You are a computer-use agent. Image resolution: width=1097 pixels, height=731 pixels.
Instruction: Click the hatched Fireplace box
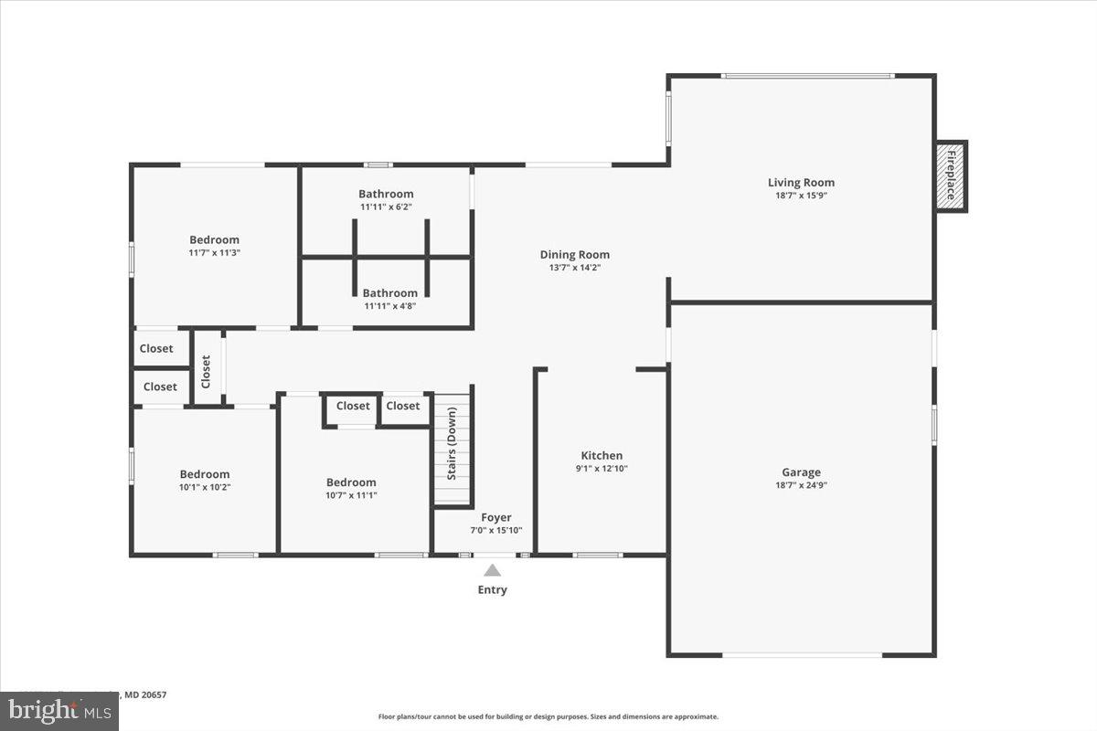[950, 176]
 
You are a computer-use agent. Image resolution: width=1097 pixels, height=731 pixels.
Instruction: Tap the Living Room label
[801, 183]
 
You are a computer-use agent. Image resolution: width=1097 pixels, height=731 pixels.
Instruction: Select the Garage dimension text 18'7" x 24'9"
[801, 485]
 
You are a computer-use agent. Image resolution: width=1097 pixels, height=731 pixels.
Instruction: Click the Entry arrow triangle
[492, 570]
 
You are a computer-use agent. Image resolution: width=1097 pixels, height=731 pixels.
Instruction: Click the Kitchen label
[602, 456]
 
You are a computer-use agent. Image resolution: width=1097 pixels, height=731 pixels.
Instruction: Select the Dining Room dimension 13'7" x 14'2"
[574, 268]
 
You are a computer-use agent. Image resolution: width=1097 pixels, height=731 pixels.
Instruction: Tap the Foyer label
[496, 517]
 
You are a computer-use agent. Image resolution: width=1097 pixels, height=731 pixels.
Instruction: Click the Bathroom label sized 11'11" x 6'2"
[386, 194]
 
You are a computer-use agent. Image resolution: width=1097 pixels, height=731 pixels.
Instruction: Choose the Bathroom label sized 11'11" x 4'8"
[389, 293]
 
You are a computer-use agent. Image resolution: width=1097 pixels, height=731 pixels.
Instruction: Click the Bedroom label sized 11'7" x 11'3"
[214, 240]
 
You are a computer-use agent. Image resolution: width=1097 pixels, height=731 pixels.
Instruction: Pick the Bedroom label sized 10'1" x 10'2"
[205, 474]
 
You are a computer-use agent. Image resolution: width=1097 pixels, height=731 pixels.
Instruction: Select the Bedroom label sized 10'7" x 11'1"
[351, 482]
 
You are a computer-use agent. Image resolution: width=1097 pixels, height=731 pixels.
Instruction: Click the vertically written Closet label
[207, 371]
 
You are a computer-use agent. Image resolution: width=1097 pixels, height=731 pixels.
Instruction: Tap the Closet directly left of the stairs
[403, 406]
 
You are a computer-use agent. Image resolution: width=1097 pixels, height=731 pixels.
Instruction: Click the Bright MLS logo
[59, 711]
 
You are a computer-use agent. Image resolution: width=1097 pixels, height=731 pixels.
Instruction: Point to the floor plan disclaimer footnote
[548, 717]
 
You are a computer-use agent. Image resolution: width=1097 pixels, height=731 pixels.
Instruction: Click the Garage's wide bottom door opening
[802, 654]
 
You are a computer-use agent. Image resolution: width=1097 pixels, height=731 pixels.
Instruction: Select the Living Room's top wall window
[808, 76]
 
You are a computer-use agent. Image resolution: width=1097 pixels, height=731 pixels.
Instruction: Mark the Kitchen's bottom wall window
[598, 555]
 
